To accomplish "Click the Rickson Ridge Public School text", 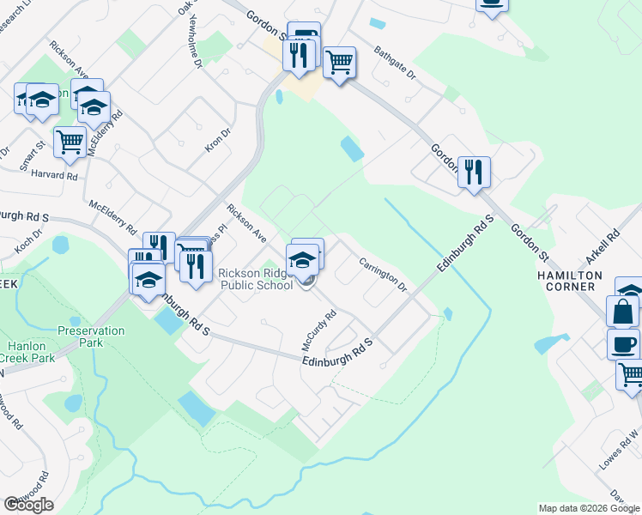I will [x=256, y=280].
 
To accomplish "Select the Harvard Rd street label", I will [x=53, y=175].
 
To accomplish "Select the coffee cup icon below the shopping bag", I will [x=623, y=343].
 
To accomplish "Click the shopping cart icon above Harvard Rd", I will [x=70, y=141].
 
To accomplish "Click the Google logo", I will [x=28, y=505].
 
